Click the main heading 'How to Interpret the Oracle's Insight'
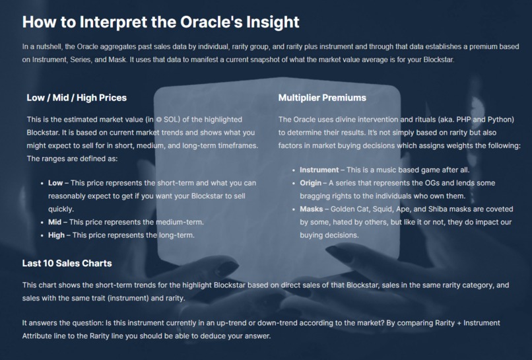pyautogui.click(x=161, y=22)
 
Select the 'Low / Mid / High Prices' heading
pyautogui.click(x=77, y=98)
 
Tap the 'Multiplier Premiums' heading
pyautogui.click(x=322, y=98)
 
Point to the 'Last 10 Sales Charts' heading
pyautogui.click(x=67, y=264)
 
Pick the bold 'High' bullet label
pyautogui.click(x=57, y=235)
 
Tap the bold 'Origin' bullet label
pyautogui.click(x=311, y=183)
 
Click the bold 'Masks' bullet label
pyautogui.click(x=312, y=209)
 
